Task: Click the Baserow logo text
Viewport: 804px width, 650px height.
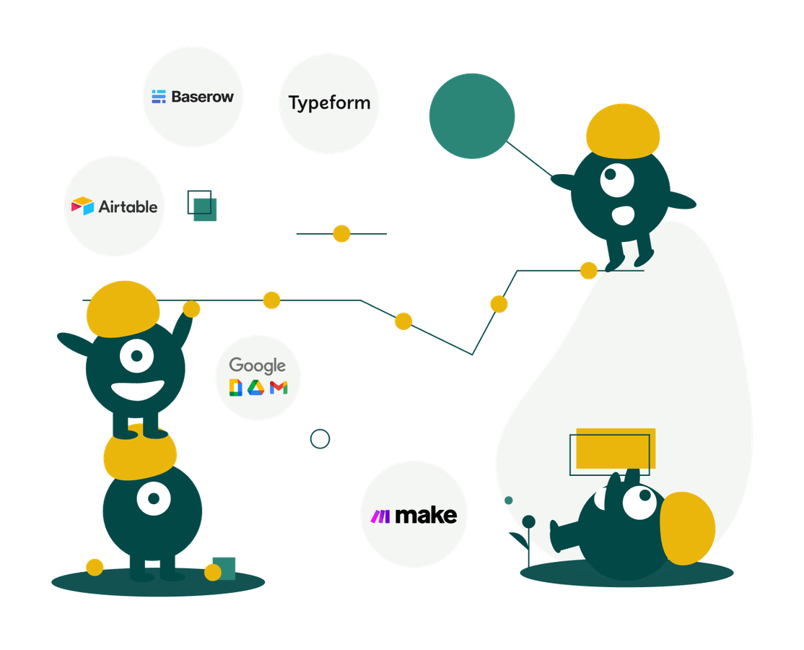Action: [202, 96]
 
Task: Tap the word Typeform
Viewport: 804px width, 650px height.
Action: [329, 103]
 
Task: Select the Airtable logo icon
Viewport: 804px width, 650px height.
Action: [82, 206]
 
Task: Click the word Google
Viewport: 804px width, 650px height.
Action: [258, 366]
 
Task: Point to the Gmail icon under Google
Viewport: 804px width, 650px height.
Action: [279, 388]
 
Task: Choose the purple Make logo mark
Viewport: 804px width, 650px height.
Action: [380, 516]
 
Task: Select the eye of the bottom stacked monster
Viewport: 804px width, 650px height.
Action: [153, 498]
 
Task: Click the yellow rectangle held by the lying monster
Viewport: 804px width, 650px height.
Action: [616, 448]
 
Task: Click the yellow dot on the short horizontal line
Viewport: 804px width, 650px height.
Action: [341, 233]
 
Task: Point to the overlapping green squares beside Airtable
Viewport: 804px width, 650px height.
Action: [202, 206]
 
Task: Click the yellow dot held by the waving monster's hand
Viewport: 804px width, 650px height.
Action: [191, 309]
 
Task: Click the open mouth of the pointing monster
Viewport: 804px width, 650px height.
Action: [623, 215]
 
